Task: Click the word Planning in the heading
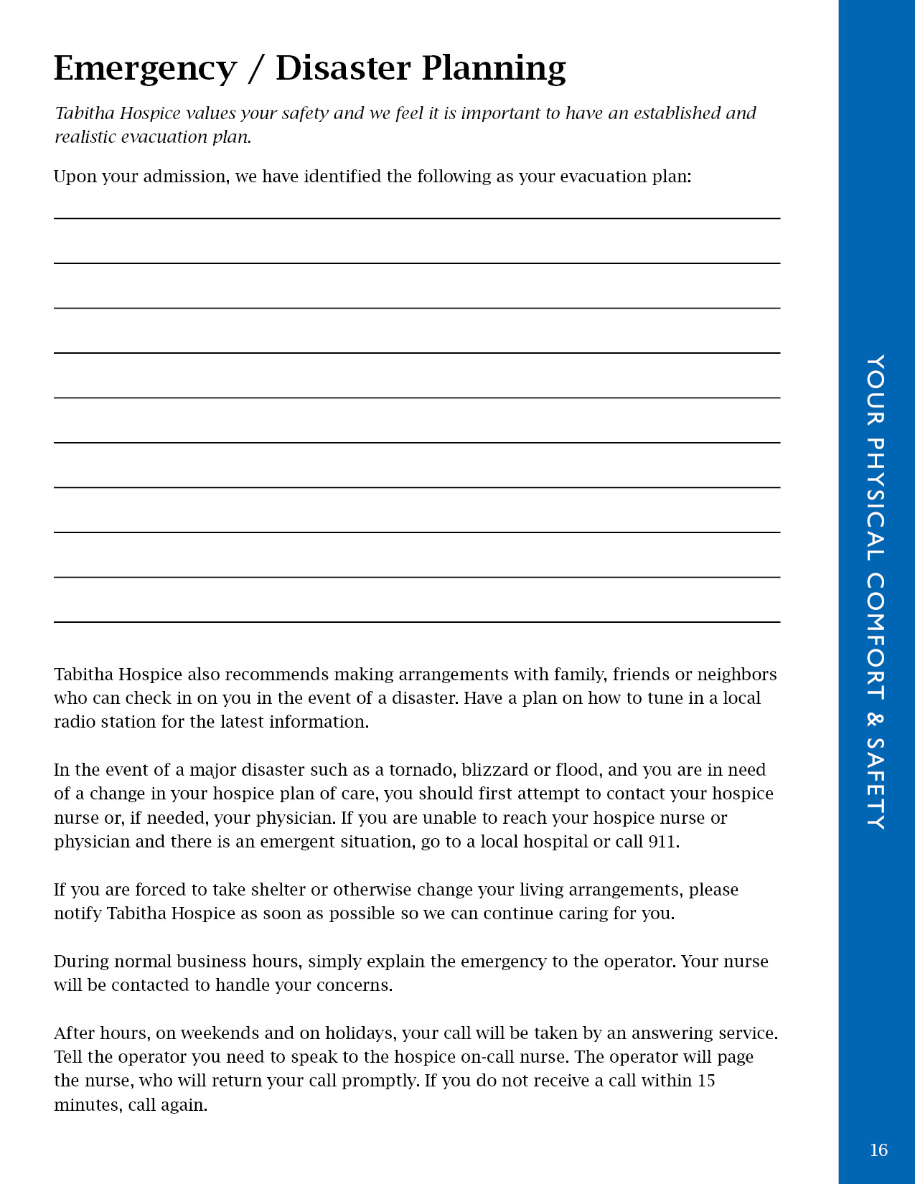(x=494, y=70)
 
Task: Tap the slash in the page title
(x=255, y=70)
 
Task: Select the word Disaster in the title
(x=343, y=68)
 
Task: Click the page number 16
(x=878, y=1150)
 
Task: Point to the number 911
(x=662, y=842)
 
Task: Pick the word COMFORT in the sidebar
(x=876, y=636)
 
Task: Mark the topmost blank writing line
(x=417, y=218)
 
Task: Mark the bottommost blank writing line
(x=417, y=621)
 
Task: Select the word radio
(x=74, y=722)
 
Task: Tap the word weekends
(x=220, y=1033)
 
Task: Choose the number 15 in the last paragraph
(x=706, y=1081)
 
